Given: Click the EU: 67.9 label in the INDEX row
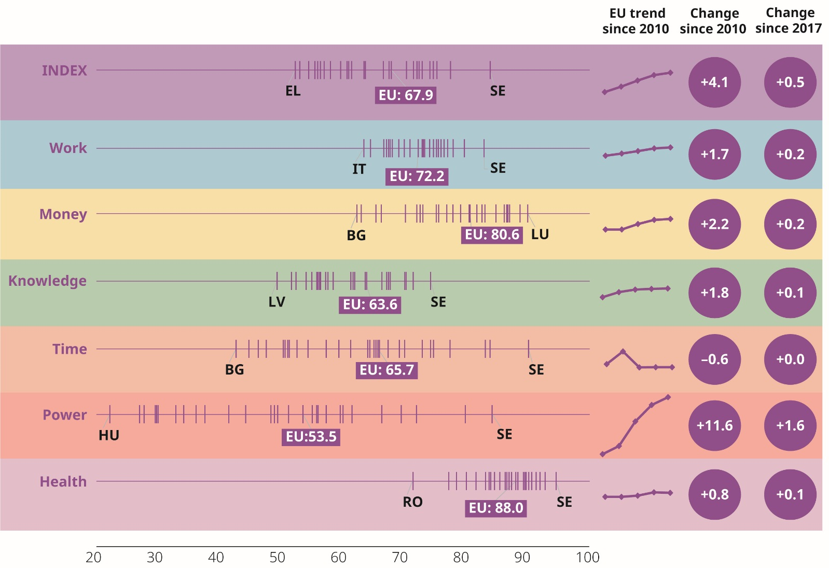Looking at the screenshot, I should tap(405, 95).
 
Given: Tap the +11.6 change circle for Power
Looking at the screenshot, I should tap(714, 426).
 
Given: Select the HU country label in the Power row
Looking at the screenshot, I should tap(109, 435).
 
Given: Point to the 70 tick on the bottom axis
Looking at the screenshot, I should tap(399, 558).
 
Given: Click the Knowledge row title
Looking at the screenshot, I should tap(47, 281).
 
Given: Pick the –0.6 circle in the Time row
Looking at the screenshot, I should tap(714, 359).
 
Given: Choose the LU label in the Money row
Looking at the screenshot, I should tap(540, 234).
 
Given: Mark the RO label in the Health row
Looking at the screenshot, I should tap(412, 502).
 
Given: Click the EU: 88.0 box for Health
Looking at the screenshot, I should tap(496, 508).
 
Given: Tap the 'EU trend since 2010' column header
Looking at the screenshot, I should tap(636, 21).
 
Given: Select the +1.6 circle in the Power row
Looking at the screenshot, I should tap(790, 426).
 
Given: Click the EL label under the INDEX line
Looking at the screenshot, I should tap(293, 91).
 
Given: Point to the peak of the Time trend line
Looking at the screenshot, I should tap(623, 352).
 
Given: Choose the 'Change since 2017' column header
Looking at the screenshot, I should tap(789, 21).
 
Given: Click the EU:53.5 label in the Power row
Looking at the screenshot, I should tap(311, 437).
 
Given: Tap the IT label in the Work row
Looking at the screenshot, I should tap(359, 169).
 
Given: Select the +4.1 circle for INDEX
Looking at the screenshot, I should tap(714, 82).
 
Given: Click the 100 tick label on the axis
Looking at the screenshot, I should tap(588, 558).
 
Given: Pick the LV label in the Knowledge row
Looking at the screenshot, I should tap(277, 302).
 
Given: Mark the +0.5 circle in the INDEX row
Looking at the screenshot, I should tap(790, 82).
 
